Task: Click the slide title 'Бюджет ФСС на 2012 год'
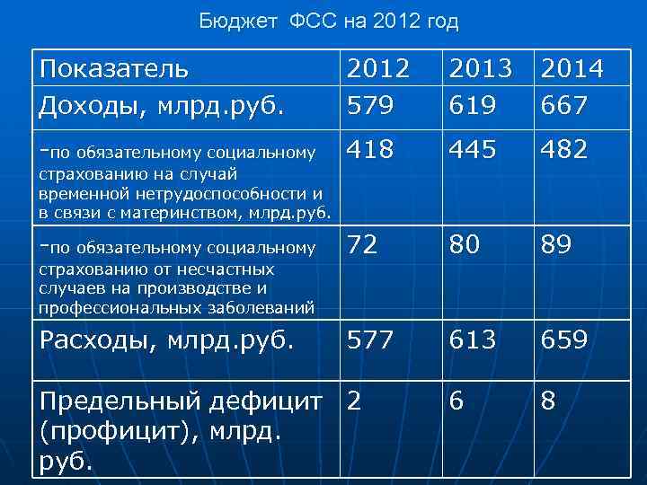328,22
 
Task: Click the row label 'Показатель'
115,69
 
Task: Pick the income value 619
473,106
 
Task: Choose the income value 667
563,106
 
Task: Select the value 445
473,149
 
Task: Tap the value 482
563,149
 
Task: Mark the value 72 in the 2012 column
362,245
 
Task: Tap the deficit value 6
456,401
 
